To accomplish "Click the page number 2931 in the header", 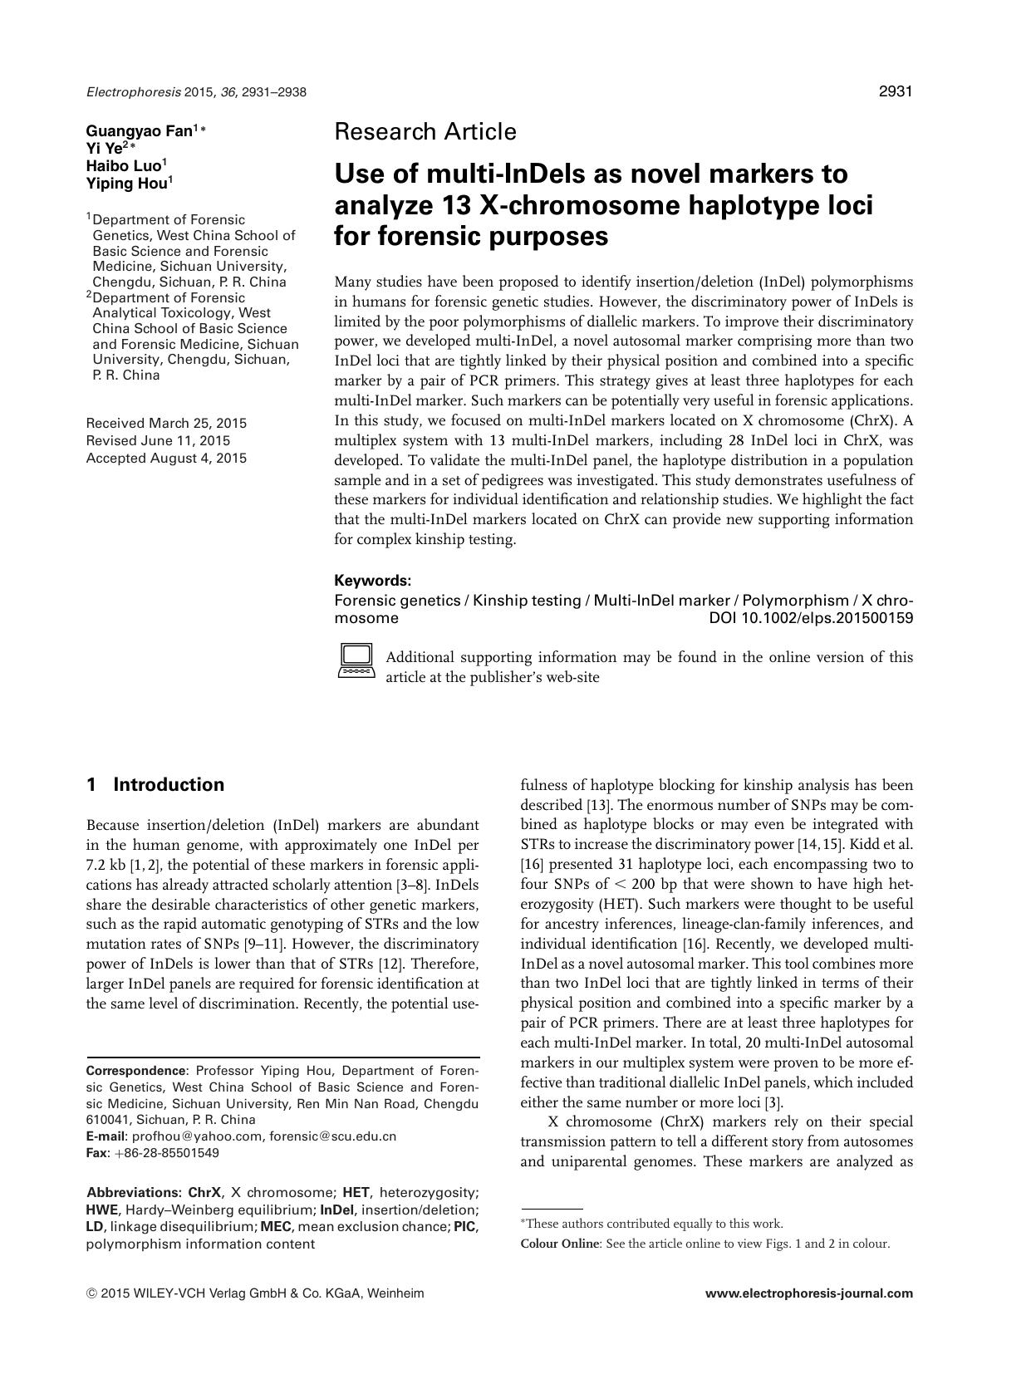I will tap(895, 91).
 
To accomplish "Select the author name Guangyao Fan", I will tap(140, 130).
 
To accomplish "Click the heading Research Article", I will tap(425, 131).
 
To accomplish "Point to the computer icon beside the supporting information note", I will tap(356, 660).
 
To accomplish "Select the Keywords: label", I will tap(372, 581).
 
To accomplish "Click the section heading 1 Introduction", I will tap(155, 785).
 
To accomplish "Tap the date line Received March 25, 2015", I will tap(166, 423).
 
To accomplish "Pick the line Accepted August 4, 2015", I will tap(166, 458).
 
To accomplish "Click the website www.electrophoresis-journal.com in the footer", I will tap(808, 1293).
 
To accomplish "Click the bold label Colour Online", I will tap(559, 1244).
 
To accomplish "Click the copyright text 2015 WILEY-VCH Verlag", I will tap(208, 1293).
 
